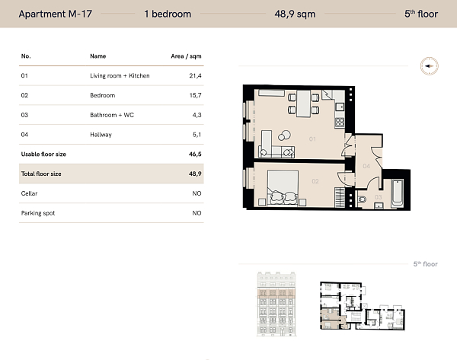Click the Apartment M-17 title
56,14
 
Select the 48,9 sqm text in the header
295,14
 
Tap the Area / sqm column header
186,56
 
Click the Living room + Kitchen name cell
120,75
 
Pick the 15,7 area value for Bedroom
195,95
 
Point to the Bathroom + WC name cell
112,115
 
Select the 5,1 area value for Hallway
197,135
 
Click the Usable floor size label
43,154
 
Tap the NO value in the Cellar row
197,193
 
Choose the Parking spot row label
38,213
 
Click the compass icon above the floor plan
429,66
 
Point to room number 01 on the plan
312,139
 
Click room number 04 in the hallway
366,166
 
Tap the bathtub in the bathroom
398,193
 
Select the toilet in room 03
361,199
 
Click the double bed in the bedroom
283,187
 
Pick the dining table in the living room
303,104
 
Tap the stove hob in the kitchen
340,123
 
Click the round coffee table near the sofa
284,135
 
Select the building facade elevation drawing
276,304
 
